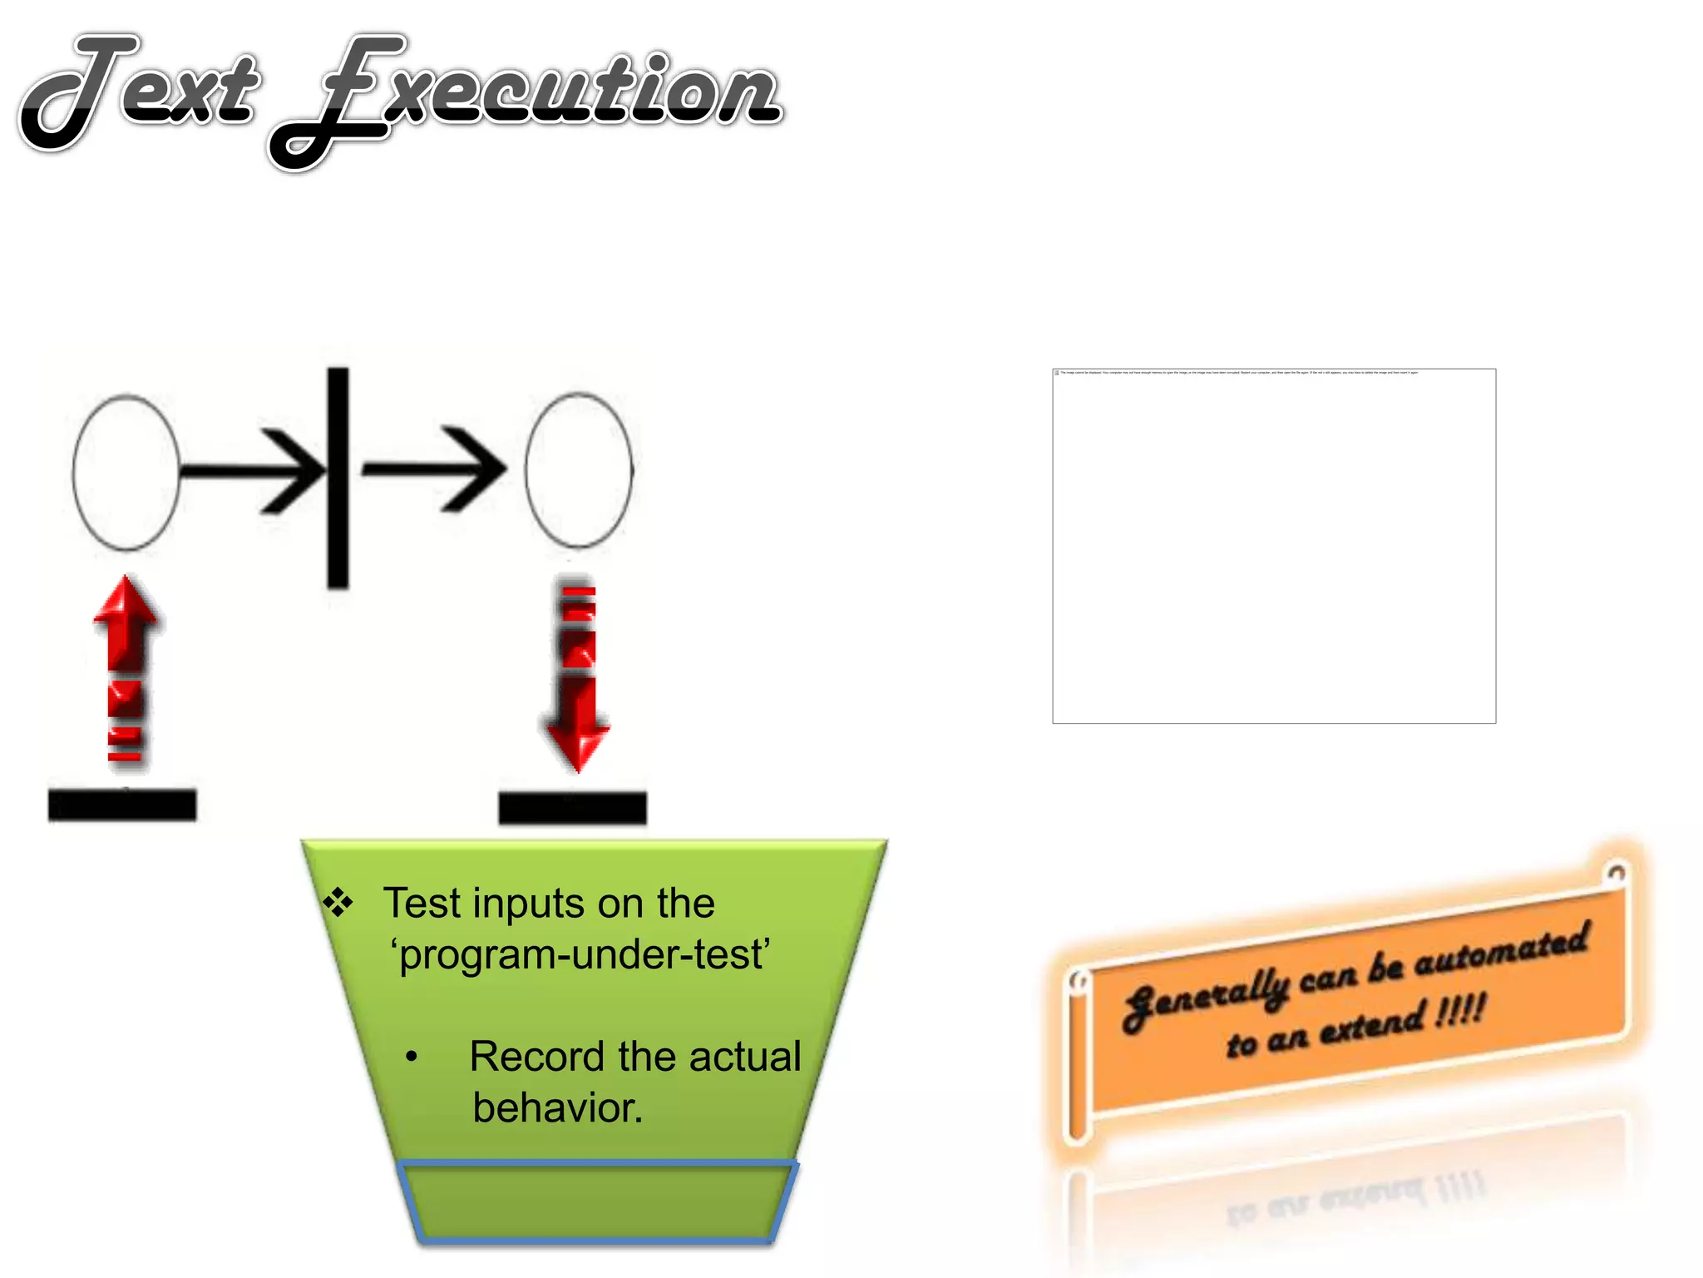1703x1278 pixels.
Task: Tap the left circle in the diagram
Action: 126,472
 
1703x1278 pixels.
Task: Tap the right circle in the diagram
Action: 579,470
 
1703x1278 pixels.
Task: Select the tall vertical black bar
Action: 338,478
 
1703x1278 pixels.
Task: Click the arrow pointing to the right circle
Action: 434,469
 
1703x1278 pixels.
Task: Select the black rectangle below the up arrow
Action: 122,805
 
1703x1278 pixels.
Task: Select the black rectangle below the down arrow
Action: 572,807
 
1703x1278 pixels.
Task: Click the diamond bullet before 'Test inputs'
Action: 338,902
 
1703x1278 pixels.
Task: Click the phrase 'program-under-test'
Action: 580,955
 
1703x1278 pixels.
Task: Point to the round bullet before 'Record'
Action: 412,1058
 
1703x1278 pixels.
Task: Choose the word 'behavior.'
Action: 558,1108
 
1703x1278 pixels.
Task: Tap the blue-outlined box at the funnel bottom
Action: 597,1201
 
